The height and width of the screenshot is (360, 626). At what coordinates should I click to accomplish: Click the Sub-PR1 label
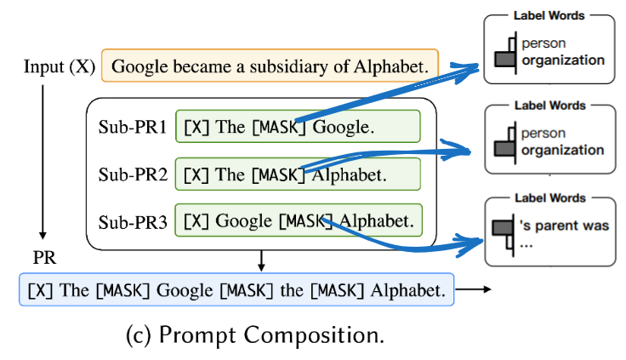tap(131, 128)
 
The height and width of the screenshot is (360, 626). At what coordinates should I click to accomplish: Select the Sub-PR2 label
tap(131, 175)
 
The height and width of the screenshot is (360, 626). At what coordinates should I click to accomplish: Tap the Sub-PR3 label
tap(131, 221)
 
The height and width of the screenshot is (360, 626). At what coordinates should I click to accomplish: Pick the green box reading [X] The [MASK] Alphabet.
tap(298, 174)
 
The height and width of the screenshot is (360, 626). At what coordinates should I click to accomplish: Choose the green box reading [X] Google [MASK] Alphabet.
tap(298, 221)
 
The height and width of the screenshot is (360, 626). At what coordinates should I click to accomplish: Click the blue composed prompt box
tap(236, 290)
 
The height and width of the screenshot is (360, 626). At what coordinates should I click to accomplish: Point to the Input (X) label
tap(60, 66)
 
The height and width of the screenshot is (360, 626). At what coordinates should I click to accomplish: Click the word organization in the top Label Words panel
tap(562, 60)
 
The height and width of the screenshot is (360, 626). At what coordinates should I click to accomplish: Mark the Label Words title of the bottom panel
tap(549, 198)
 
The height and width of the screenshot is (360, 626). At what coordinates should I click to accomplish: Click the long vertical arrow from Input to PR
tap(42, 157)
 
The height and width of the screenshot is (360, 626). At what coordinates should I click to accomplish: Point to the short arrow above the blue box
tap(262, 260)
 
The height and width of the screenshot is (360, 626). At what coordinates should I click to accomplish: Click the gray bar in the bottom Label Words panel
tap(504, 227)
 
